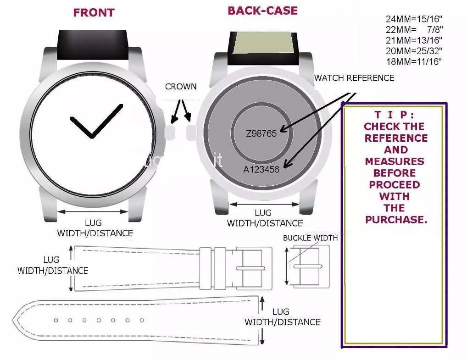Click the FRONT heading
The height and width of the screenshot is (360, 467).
94,13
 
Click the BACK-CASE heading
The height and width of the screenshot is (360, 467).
262,11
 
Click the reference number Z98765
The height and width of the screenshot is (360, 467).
261,133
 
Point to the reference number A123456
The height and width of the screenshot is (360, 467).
261,169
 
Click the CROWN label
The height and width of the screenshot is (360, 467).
181,87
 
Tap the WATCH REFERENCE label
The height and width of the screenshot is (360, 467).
354,78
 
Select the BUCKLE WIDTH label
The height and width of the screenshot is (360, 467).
310,238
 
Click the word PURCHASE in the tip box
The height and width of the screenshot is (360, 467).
396,220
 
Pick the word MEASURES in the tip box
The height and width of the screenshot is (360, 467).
395,161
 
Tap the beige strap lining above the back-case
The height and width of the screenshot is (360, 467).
262,44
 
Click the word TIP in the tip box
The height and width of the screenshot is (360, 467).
394,115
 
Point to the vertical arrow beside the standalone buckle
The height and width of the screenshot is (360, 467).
287,266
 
